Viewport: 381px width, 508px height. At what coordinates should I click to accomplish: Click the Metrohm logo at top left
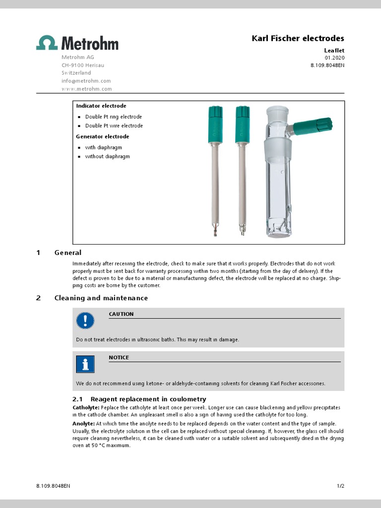(77, 43)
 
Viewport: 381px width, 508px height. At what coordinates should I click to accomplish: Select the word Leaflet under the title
(334, 50)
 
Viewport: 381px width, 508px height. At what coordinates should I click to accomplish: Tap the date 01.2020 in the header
(334, 58)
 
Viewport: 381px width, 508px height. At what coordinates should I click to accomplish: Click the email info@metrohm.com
(86, 81)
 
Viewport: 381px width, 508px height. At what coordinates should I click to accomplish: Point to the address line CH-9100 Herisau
(82, 65)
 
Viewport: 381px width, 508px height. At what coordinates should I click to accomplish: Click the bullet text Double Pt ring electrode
(113, 117)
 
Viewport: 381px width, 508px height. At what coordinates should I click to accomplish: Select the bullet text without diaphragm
(107, 156)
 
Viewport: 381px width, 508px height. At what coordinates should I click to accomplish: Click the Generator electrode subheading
(102, 136)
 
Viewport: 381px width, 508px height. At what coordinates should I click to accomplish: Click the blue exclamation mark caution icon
(85, 321)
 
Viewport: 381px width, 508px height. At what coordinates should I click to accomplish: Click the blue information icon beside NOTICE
(85, 364)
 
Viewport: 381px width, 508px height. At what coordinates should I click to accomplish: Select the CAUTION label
(121, 314)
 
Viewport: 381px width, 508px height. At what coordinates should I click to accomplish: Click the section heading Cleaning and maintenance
(101, 298)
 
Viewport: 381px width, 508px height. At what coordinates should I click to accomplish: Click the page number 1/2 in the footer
(340, 487)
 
